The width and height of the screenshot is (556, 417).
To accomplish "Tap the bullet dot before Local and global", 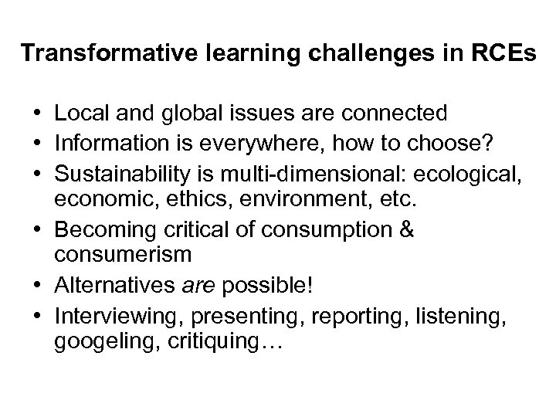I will (x=37, y=114).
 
